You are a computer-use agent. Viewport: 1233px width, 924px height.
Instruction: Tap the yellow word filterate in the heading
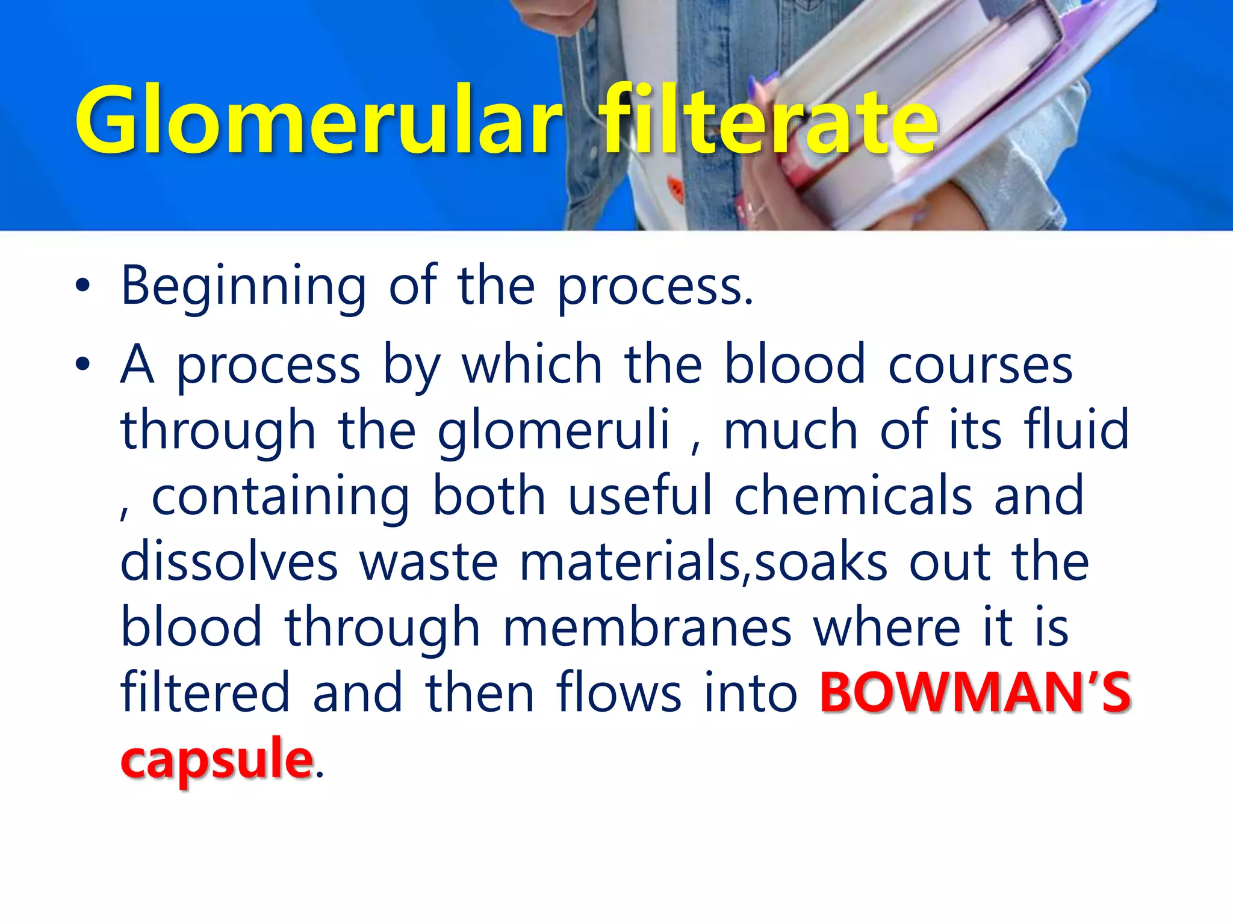click(771, 121)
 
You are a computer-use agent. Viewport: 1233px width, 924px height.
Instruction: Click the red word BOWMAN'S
click(975, 694)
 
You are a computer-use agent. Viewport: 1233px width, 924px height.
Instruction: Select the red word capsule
click(217, 759)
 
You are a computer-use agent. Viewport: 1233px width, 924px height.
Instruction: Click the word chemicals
click(853, 496)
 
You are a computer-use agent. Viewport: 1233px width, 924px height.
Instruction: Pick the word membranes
click(647, 628)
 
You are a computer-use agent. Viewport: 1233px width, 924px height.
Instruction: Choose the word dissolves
click(229, 562)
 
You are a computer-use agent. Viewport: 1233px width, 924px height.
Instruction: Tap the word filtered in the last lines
click(205, 694)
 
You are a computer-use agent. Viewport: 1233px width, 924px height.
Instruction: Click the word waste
click(429, 562)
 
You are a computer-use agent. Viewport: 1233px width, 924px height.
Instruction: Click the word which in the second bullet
click(532, 364)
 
